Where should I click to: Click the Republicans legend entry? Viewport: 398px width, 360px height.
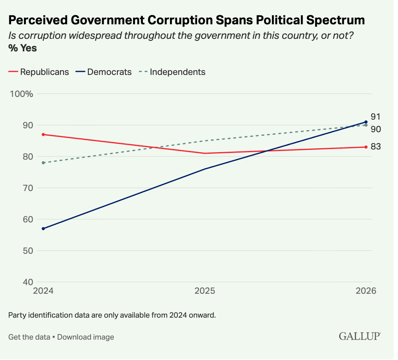click(x=38, y=72)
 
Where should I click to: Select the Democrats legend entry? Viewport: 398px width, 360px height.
click(x=104, y=72)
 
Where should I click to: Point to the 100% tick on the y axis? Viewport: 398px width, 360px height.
click(x=22, y=94)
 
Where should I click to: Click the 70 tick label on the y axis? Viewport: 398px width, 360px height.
click(x=28, y=188)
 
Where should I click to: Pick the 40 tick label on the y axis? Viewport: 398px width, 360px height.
click(x=28, y=282)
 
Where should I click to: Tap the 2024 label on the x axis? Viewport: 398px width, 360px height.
click(x=44, y=291)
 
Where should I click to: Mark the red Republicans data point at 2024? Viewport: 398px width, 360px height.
click(x=44, y=135)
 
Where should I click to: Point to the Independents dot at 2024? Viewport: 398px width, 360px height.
click(x=44, y=163)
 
